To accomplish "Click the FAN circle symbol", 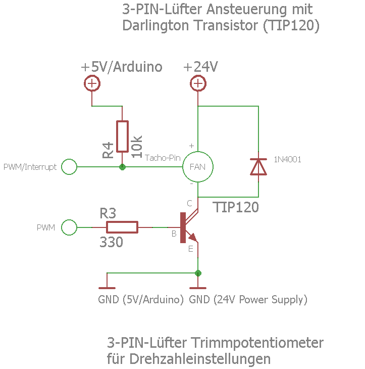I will click(x=197, y=167).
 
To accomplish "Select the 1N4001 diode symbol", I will click(x=258, y=166).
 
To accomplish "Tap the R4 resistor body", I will click(x=122, y=136).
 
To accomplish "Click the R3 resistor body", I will click(x=123, y=227).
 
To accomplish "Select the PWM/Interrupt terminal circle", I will click(x=69, y=167).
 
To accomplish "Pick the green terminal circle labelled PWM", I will click(x=69, y=227).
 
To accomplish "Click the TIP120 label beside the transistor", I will click(x=235, y=208).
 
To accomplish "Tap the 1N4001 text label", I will click(x=287, y=160).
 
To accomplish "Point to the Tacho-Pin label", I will click(x=163, y=158).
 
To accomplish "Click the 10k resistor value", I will click(x=137, y=147).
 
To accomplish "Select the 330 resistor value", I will click(x=111, y=243).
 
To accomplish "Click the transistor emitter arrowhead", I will click(x=192, y=237).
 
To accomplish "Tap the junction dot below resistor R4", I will click(x=122, y=167).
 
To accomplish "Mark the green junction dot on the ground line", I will click(x=198, y=273).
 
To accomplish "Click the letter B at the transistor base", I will click(x=174, y=234).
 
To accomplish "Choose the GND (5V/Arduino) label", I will click(x=140, y=299).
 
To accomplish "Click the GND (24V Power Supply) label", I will click(x=248, y=299).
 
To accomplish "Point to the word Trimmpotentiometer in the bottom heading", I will click(x=257, y=343).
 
